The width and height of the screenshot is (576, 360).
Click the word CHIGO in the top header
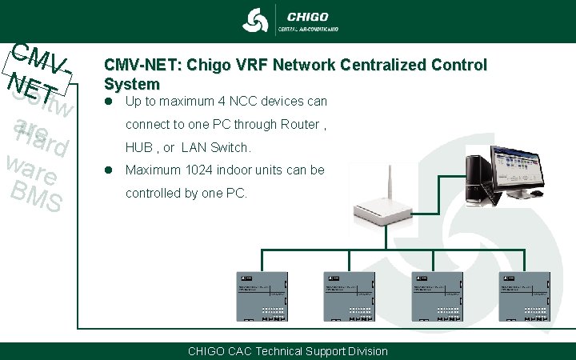[x=307, y=15]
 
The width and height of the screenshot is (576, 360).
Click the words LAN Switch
[x=216, y=148]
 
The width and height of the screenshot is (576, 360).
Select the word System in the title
[x=131, y=83]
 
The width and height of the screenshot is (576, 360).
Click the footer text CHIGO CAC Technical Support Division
[x=287, y=351]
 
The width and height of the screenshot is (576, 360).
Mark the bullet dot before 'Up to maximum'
[x=109, y=102]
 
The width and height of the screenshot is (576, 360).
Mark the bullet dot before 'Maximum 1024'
[x=109, y=170]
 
